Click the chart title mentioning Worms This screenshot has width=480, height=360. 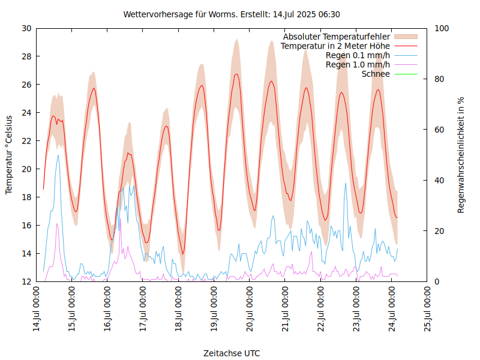[232, 14]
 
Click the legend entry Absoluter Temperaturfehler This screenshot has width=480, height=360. [337, 37]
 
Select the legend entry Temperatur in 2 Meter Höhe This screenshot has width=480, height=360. [335, 46]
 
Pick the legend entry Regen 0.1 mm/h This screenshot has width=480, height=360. [358, 55]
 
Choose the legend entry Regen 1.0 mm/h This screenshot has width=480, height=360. [358, 65]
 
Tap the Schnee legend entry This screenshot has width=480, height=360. [376, 74]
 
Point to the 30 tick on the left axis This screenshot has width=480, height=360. [26, 28]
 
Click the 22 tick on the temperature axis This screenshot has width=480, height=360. [26, 141]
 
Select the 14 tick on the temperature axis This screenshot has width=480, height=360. [26, 254]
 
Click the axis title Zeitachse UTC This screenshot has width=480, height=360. [232, 353]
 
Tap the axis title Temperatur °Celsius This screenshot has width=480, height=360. [9, 155]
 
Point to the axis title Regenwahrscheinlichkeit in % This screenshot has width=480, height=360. [461, 155]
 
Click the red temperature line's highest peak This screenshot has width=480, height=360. [236, 74]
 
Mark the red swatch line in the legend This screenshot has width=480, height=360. [406, 46]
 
